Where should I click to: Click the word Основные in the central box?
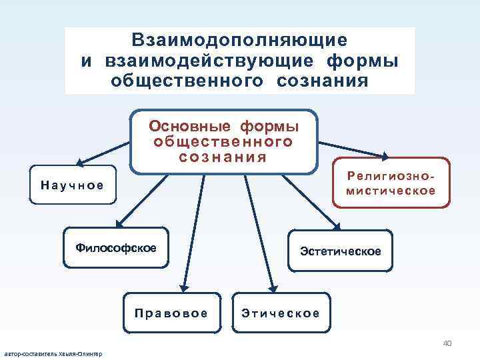click(189, 127)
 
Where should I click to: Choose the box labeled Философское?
click(116, 248)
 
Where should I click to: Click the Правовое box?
click(171, 313)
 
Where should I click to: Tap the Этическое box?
click(281, 313)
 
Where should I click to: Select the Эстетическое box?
click(340, 251)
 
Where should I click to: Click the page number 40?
click(447, 343)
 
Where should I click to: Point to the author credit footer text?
click(53, 353)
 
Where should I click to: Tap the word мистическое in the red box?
click(391, 191)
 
